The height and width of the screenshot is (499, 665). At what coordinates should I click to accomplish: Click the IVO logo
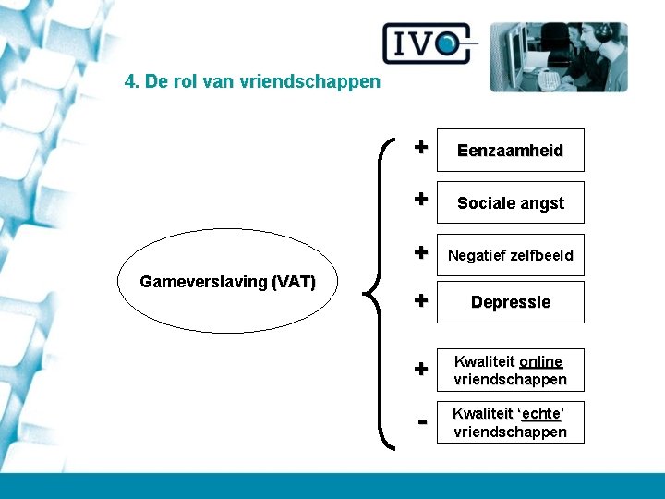pyautogui.click(x=429, y=43)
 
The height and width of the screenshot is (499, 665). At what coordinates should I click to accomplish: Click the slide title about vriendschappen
pyautogui.click(x=252, y=81)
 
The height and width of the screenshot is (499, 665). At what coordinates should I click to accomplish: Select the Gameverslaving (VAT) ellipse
pyautogui.click(x=227, y=281)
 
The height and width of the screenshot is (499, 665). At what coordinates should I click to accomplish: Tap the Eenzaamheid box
pyautogui.click(x=511, y=151)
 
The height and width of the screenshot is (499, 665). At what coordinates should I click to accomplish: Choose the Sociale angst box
pyautogui.click(x=511, y=203)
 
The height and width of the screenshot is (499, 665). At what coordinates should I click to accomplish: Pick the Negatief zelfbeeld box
pyautogui.click(x=511, y=255)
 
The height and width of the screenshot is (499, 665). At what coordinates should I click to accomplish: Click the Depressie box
pyautogui.click(x=511, y=302)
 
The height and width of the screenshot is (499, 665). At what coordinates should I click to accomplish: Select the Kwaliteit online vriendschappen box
pyautogui.click(x=511, y=370)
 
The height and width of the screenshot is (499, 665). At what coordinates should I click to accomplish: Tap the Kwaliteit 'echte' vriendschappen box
pyautogui.click(x=511, y=422)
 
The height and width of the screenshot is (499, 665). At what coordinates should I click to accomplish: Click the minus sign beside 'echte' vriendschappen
pyautogui.click(x=421, y=422)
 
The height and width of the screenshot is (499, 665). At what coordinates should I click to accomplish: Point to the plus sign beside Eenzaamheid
pyautogui.click(x=420, y=146)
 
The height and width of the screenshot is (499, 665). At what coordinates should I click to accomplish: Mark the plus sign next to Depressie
pyautogui.click(x=420, y=300)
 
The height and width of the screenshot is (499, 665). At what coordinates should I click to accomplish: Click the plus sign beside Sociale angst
pyautogui.click(x=420, y=199)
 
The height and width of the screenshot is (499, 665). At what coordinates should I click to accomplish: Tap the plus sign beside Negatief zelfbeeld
pyautogui.click(x=420, y=251)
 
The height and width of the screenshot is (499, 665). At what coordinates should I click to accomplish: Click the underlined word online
pyautogui.click(x=540, y=361)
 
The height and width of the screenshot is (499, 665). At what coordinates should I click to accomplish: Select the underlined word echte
pyautogui.click(x=540, y=414)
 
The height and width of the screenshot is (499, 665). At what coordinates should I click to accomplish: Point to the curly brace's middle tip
pyautogui.click(x=367, y=294)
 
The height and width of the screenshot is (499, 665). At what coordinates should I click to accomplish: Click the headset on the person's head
pyautogui.click(x=604, y=31)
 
